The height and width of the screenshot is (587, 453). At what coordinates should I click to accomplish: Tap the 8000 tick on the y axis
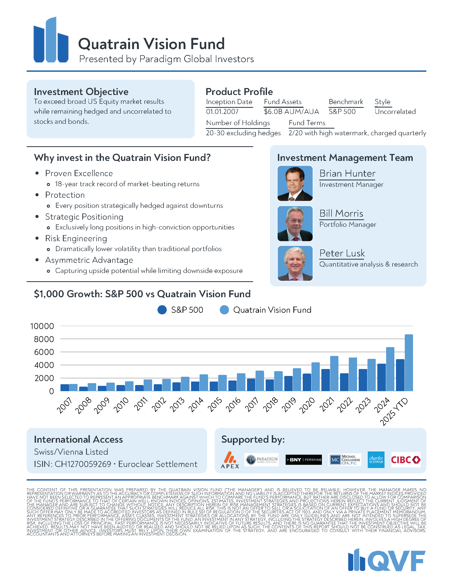tap(44, 339)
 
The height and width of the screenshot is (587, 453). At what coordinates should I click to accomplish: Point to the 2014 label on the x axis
tap(196, 405)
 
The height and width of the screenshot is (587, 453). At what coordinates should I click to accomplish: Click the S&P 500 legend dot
tap(162, 310)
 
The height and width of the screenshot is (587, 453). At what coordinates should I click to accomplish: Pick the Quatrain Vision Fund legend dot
tap(224, 310)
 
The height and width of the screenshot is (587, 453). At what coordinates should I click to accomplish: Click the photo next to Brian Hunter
tap(295, 183)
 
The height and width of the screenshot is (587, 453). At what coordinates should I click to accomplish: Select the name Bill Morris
tap(341, 213)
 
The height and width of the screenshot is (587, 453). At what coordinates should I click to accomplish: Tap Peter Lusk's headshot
tap(295, 263)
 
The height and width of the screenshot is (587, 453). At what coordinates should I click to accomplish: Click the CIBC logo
tap(406, 460)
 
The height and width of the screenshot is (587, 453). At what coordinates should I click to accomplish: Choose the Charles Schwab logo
tap(376, 460)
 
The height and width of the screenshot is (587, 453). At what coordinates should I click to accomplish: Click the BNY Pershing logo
tap(304, 460)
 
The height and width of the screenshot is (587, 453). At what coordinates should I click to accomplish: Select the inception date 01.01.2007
tap(222, 112)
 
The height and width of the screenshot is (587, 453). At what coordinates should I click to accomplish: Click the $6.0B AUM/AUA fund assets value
tap(291, 112)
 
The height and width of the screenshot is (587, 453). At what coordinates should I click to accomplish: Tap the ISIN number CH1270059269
tap(83, 464)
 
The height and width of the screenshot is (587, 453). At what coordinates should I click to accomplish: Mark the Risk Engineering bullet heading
tap(76, 238)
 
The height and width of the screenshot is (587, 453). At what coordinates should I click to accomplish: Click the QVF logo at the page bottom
tap(386, 560)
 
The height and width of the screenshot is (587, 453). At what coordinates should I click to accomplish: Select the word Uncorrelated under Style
tap(395, 112)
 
